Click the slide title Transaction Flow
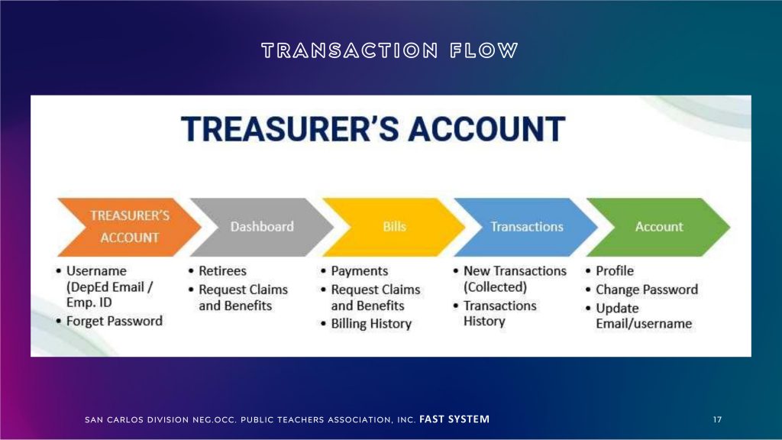[390, 50]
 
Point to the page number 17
[717, 419]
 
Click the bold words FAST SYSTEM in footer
[454, 419]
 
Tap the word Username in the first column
[96, 271]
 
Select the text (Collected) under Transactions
[495, 287]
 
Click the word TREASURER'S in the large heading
[289, 128]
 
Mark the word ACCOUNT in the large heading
[486, 128]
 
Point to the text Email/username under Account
[644, 324]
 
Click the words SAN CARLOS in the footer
[115, 420]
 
